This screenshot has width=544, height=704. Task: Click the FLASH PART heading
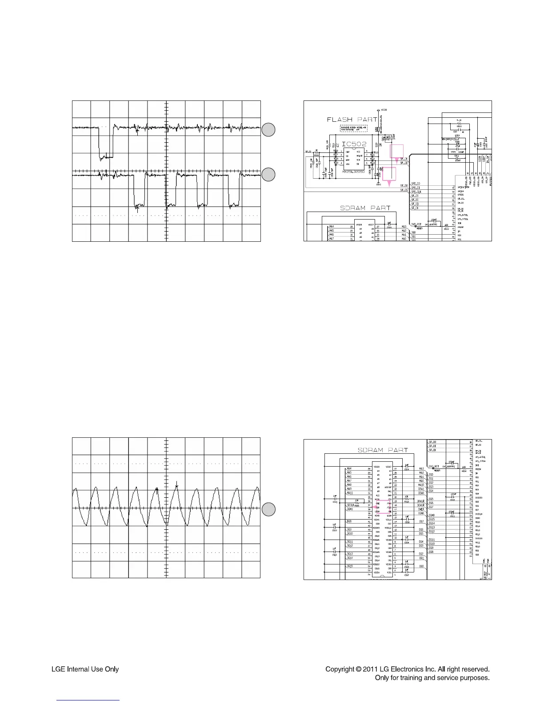(x=352, y=119)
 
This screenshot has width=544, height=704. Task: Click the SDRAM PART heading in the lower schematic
(x=383, y=450)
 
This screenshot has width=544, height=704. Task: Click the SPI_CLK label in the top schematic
(x=416, y=192)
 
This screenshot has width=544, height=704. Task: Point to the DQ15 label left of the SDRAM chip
(x=350, y=566)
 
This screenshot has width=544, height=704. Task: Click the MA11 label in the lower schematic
(x=350, y=493)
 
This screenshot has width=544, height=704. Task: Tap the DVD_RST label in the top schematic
(x=417, y=224)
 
